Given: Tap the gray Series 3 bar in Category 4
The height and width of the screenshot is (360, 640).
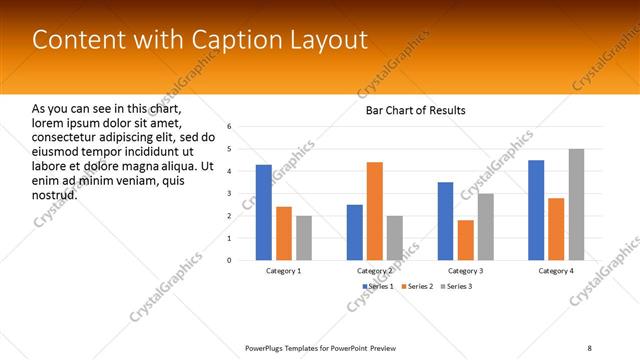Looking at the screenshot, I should (577, 204).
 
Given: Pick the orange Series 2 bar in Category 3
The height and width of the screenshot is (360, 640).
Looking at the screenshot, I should (466, 240).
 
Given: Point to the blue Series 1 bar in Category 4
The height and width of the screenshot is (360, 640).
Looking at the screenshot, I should (536, 210).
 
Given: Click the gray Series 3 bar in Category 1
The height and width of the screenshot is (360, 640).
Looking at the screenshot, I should (304, 238).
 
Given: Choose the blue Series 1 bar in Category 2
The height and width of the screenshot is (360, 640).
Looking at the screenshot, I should (355, 232).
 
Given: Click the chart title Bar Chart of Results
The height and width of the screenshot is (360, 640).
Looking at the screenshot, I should (415, 110).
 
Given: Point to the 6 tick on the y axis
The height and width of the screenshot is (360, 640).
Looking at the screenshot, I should (229, 127).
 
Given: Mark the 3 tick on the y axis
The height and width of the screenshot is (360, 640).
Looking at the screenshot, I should (229, 194).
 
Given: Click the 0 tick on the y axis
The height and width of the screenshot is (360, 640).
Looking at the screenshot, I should (229, 260).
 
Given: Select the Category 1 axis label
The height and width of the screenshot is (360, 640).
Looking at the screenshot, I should (284, 271).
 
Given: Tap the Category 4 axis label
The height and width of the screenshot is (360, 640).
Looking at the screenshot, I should (556, 271).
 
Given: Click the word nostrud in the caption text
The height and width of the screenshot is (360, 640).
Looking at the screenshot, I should (55, 194).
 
